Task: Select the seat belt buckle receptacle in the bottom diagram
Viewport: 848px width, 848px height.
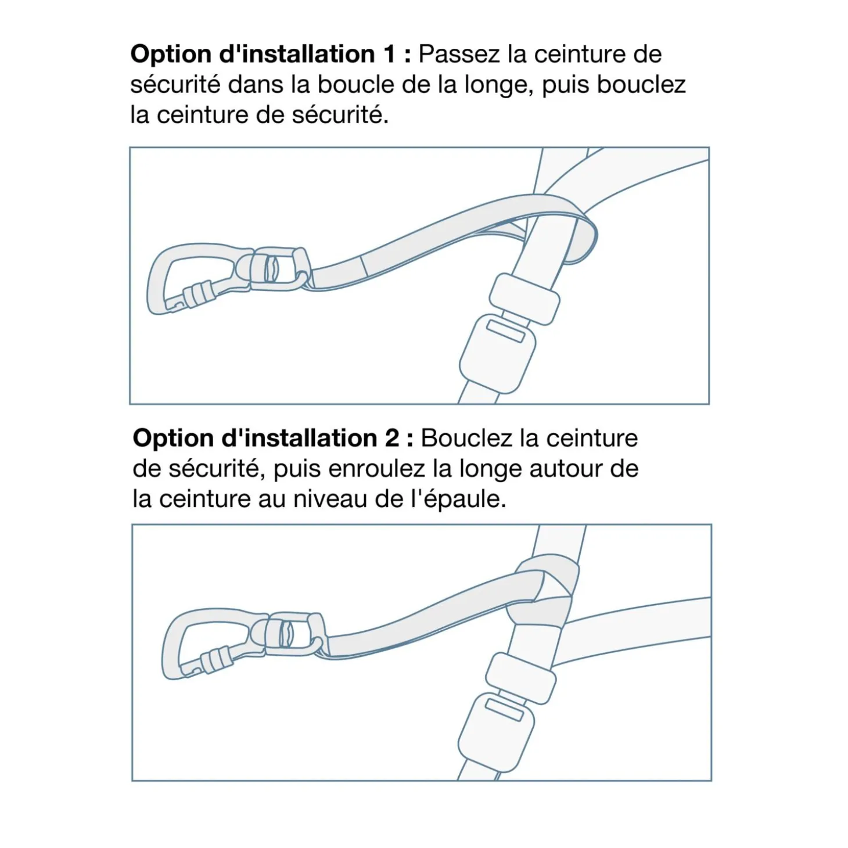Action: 496,732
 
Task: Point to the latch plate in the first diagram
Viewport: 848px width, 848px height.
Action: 524,299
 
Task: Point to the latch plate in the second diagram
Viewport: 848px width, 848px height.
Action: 521,678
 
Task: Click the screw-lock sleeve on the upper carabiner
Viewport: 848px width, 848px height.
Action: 200,294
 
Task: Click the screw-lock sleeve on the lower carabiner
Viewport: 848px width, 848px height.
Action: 217,659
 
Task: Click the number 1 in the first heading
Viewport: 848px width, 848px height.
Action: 390,54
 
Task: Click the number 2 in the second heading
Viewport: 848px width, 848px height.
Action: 391,439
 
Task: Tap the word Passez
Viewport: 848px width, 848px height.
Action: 459,54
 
